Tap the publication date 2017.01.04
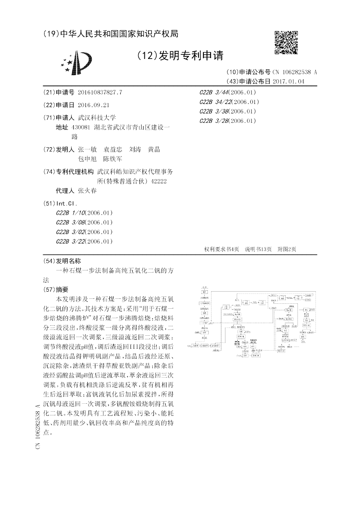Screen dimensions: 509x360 (288, 81)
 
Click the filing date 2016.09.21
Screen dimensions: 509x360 (94, 105)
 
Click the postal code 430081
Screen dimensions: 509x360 (81, 127)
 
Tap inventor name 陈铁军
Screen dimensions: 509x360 (113, 159)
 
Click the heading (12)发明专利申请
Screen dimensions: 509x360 (179, 56)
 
